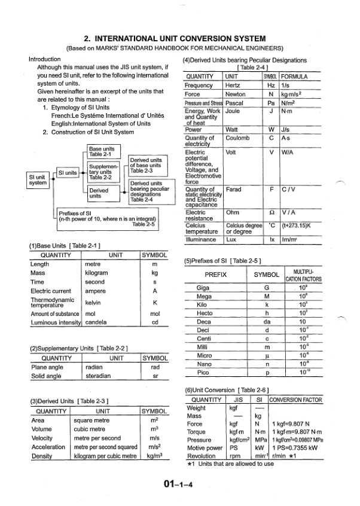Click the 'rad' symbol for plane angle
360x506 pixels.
pyautogui.click(x=155, y=367)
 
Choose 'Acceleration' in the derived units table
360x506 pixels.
pyautogui.click(x=48, y=447)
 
